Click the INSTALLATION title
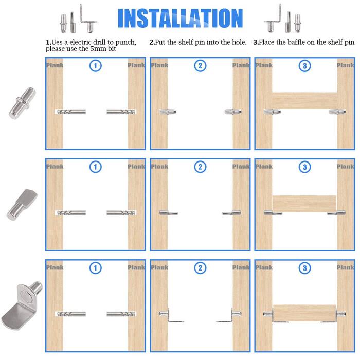[x=180, y=18]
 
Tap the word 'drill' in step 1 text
[x=99, y=42]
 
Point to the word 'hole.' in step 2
[x=240, y=42]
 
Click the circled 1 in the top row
[x=96, y=66]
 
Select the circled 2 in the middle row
[x=200, y=167]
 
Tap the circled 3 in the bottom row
[x=304, y=268]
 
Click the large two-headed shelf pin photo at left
[x=22, y=103]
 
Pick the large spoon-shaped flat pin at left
[x=22, y=204]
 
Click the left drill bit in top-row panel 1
[x=71, y=112]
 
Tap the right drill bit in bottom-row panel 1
[x=121, y=314]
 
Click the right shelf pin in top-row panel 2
[x=233, y=112]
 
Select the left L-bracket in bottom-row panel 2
[x=171, y=315]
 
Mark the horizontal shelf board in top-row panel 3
[x=304, y=101]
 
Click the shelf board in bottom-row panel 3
[x=304, y=313]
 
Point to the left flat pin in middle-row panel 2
[x=169, y=213]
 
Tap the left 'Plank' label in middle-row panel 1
[x=55, y=167]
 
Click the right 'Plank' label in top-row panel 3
[x=345, y=65]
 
